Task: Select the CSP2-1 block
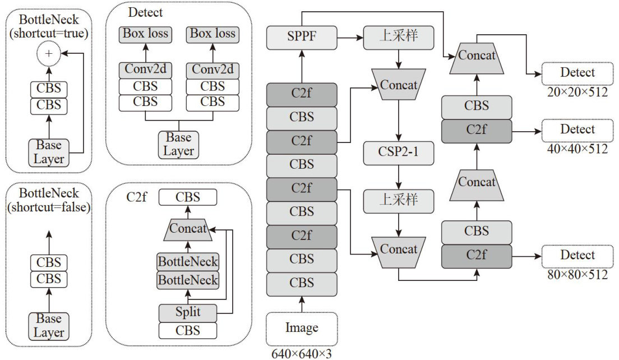(x=398, y=153)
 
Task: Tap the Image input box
(x=302, y=329)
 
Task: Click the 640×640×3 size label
(x=302, y=353)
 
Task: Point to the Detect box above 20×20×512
(x=577, y=72)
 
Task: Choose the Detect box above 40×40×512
(x=577, y=130)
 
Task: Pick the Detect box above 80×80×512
(x=577, y=256)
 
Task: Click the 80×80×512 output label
(x=577, y=275)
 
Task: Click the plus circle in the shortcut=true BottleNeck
(x=49, y=54)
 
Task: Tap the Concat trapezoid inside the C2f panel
(x=188, y=229)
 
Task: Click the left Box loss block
(x=145, y=34)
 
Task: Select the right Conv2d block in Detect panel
(x=213, y=70)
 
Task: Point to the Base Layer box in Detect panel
(x=179, y=144)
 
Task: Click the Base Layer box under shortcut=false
(x=49, y=326)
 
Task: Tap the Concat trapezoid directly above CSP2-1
(x=398, y=85)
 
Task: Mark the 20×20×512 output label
(x=577, y=92)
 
